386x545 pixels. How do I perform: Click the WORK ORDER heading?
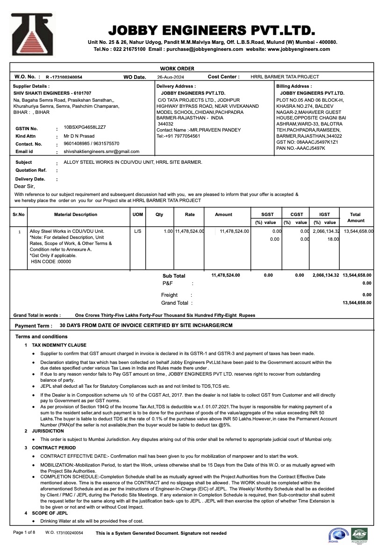coord(177,69)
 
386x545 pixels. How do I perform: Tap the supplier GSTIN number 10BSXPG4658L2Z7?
coord(85,127)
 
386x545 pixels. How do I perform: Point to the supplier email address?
coord(101,152)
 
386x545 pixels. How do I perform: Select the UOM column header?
coord(137,215)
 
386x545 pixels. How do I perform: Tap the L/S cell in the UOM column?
coord(137,231)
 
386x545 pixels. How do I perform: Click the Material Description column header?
coord(76,215)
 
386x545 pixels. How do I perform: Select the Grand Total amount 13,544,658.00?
coord(357,303)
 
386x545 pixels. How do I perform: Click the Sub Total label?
coord(174,276)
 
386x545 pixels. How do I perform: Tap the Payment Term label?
coord(34,326)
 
